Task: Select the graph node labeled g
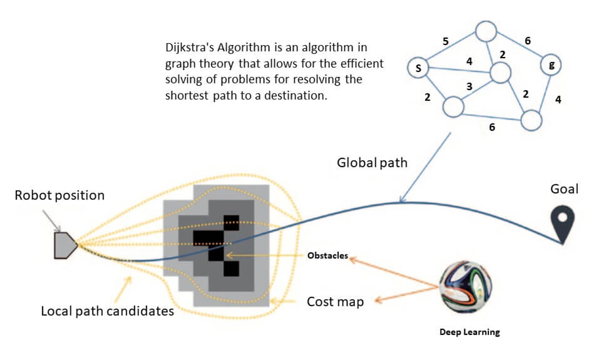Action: (550, 64)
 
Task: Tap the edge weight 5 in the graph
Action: (445, 42)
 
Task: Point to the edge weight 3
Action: (468, 86)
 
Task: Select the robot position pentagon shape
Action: (65, 245)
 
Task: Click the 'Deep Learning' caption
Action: (469, 332)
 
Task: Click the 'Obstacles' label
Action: (327, 255)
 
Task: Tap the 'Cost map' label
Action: (335, 301)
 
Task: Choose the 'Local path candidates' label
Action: (107, 311)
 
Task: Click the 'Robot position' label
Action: (59, 195)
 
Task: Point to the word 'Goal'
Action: (564, 189)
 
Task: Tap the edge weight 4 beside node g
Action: (558, 98)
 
